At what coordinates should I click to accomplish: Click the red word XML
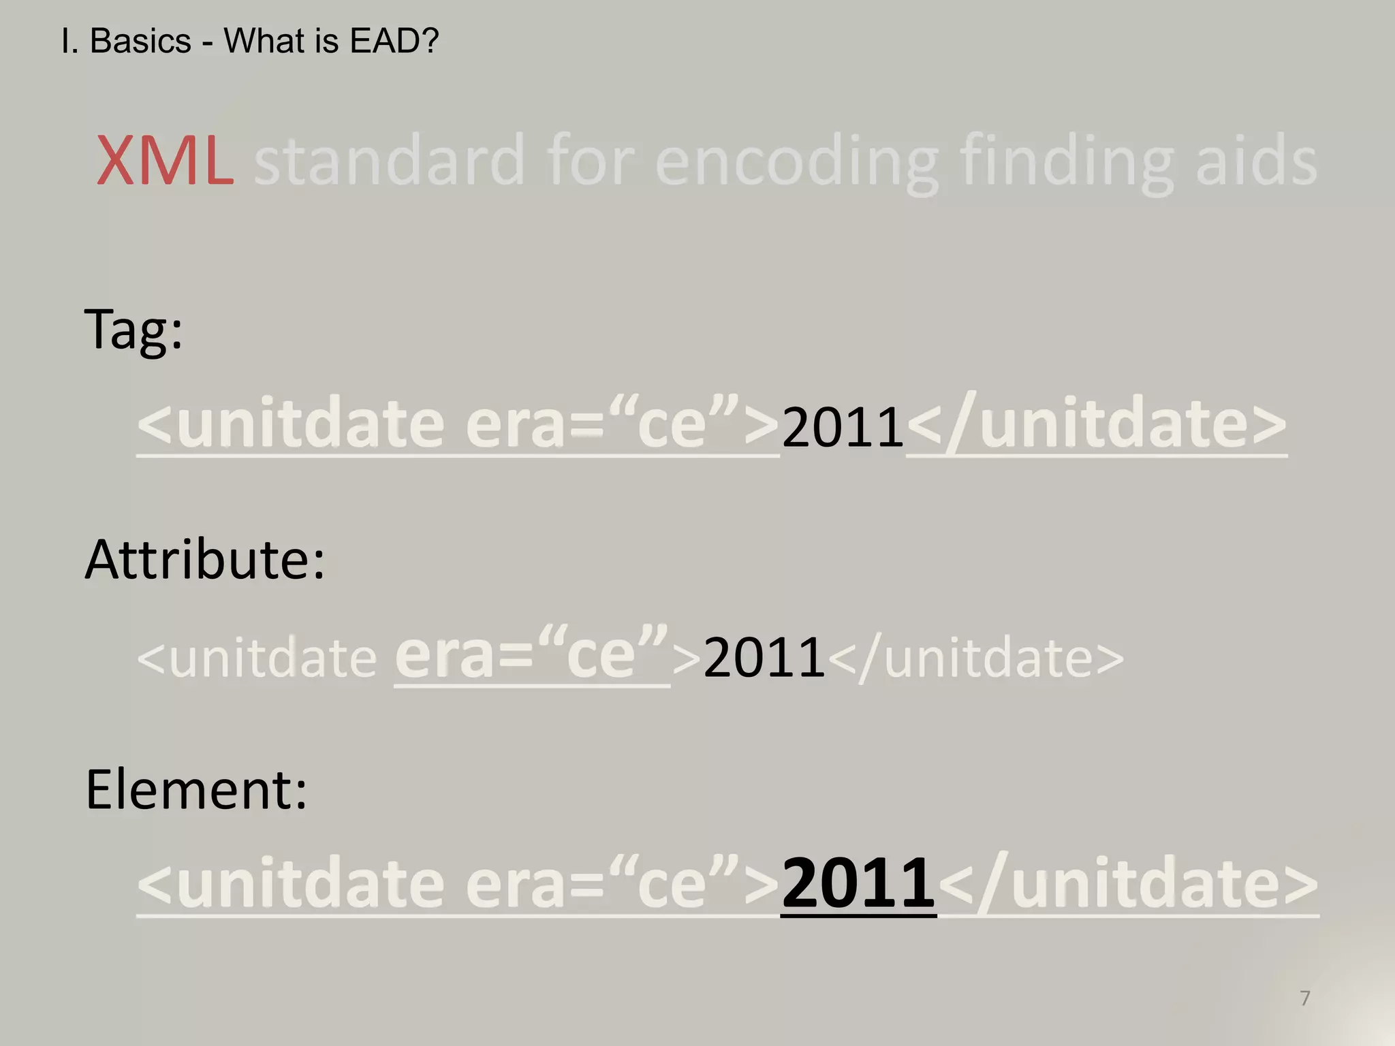pyautogui.click(x=166, y=161)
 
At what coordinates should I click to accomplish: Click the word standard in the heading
pyautogui.click(x=389, y=161)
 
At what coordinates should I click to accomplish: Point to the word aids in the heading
pyautogui.click(x=1257, y=161)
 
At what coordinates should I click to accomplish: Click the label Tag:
pyautogui.click(x=134, y=330)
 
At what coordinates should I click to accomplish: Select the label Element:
pyautogui.click(x=196, y=789)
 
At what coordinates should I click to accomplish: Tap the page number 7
pyautogui.click(x=1305, y=998)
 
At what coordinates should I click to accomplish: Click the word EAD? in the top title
pyautogui.click(x=394, y=42)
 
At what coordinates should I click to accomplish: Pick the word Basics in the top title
pyautogui.click(x=140, y=42)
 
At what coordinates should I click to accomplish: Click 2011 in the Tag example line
pyautogui.click(x=843, y=427)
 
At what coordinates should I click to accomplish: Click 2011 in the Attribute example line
pyautogui.click(x=764, y=657)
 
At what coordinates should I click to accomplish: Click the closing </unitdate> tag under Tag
pyautogui.click(x=1097, y=425)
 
